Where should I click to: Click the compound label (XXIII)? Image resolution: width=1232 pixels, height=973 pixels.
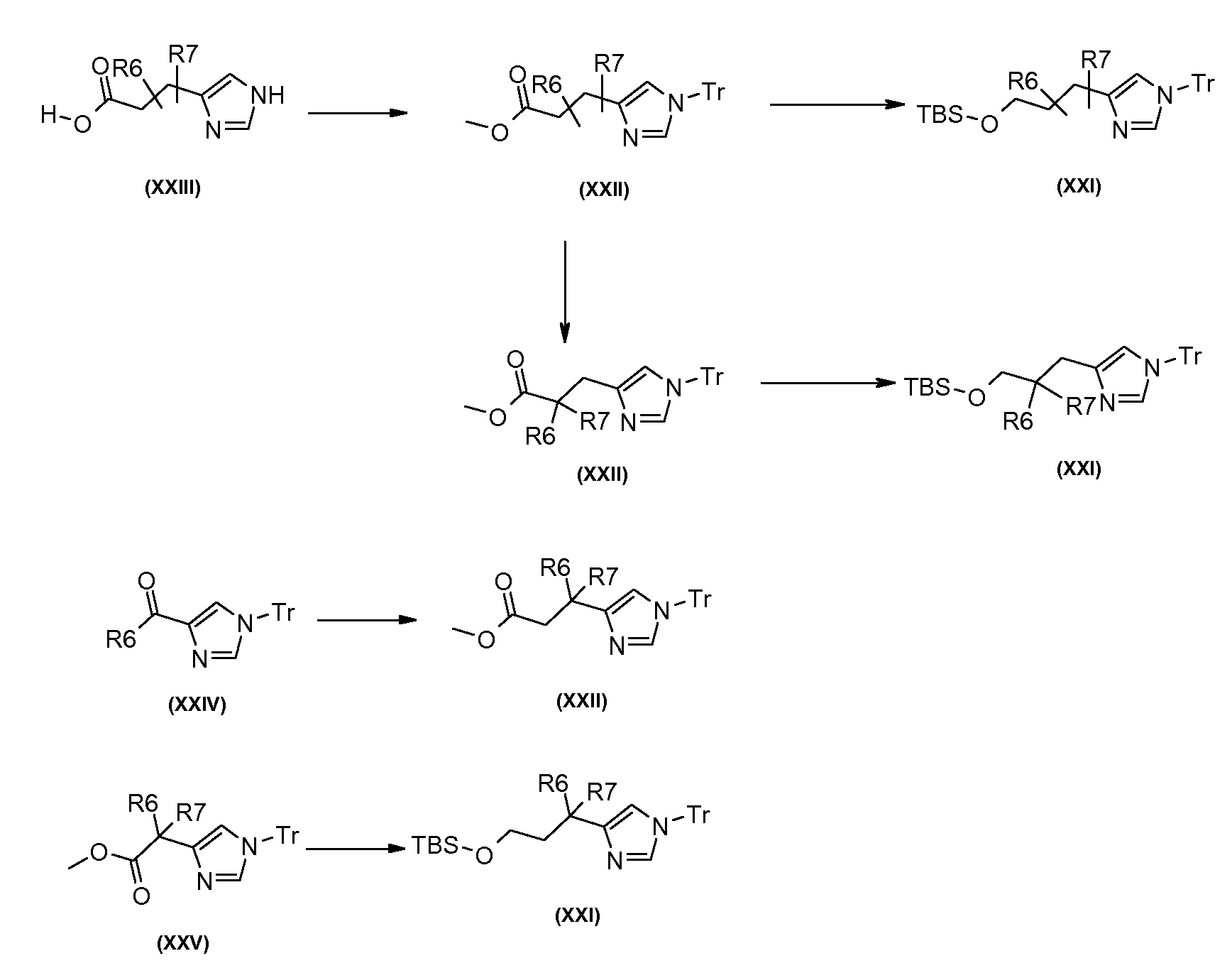pos(172,188)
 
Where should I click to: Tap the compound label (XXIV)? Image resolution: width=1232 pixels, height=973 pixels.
pos(197,705)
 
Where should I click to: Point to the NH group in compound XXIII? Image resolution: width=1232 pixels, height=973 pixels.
pos(268,96)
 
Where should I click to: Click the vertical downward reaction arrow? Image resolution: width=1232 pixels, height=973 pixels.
pos(564,291)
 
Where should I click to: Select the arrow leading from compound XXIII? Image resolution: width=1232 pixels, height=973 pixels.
pos(358,113)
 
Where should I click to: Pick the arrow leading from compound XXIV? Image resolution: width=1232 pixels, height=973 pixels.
pos(367,620)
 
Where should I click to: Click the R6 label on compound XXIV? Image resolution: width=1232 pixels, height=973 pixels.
pos(121,641)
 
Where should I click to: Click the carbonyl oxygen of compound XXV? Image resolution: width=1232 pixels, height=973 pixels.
pos(141,896)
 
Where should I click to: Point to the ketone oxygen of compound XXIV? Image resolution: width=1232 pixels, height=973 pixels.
pos(147,582)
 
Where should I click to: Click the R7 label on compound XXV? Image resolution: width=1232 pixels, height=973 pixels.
pos(191,812)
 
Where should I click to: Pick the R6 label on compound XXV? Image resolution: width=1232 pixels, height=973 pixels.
pos(143,804)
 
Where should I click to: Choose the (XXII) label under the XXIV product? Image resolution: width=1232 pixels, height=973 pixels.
pos(582,702)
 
